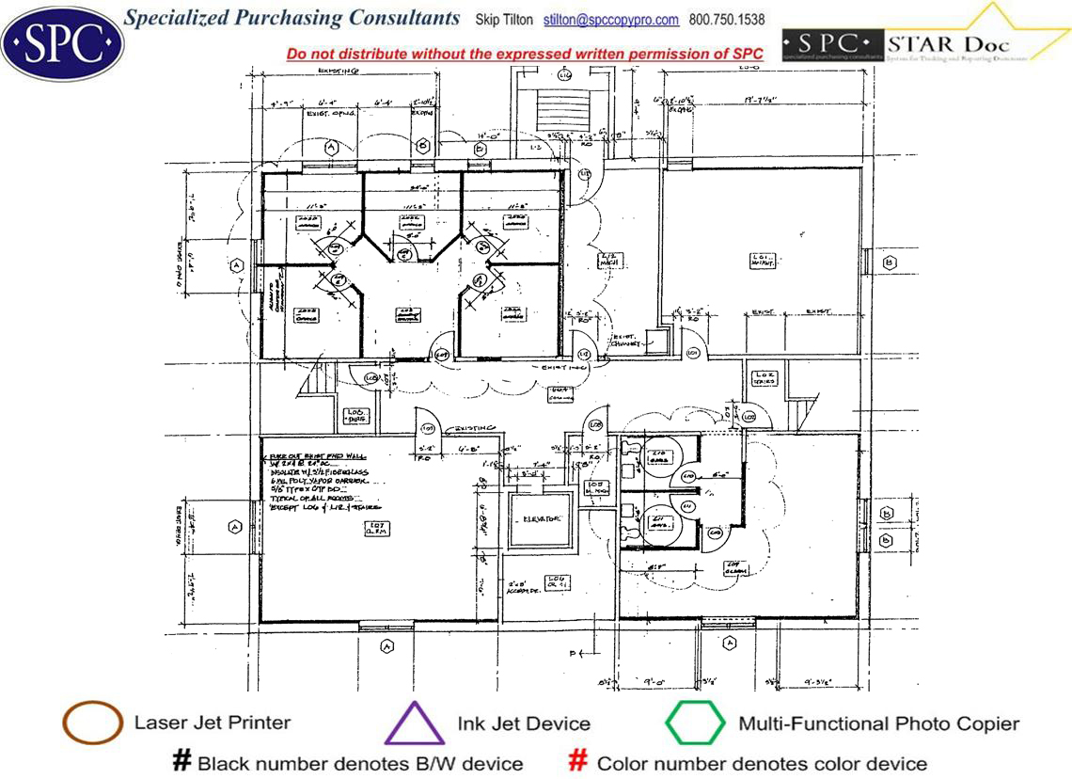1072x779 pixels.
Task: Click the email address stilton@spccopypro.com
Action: (611, 20)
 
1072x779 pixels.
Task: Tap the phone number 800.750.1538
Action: (727, 20)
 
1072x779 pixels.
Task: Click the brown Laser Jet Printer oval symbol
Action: (92, 723)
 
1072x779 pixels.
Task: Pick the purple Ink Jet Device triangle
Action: (415, 725)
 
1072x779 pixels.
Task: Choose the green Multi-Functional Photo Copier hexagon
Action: (695, 723)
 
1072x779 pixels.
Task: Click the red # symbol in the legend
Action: (579, 761)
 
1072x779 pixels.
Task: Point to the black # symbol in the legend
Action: (182, 761)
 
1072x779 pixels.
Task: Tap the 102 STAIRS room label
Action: (764, 378)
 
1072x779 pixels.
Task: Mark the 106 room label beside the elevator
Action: (557, 580)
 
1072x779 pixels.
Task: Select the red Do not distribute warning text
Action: (525, 55)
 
